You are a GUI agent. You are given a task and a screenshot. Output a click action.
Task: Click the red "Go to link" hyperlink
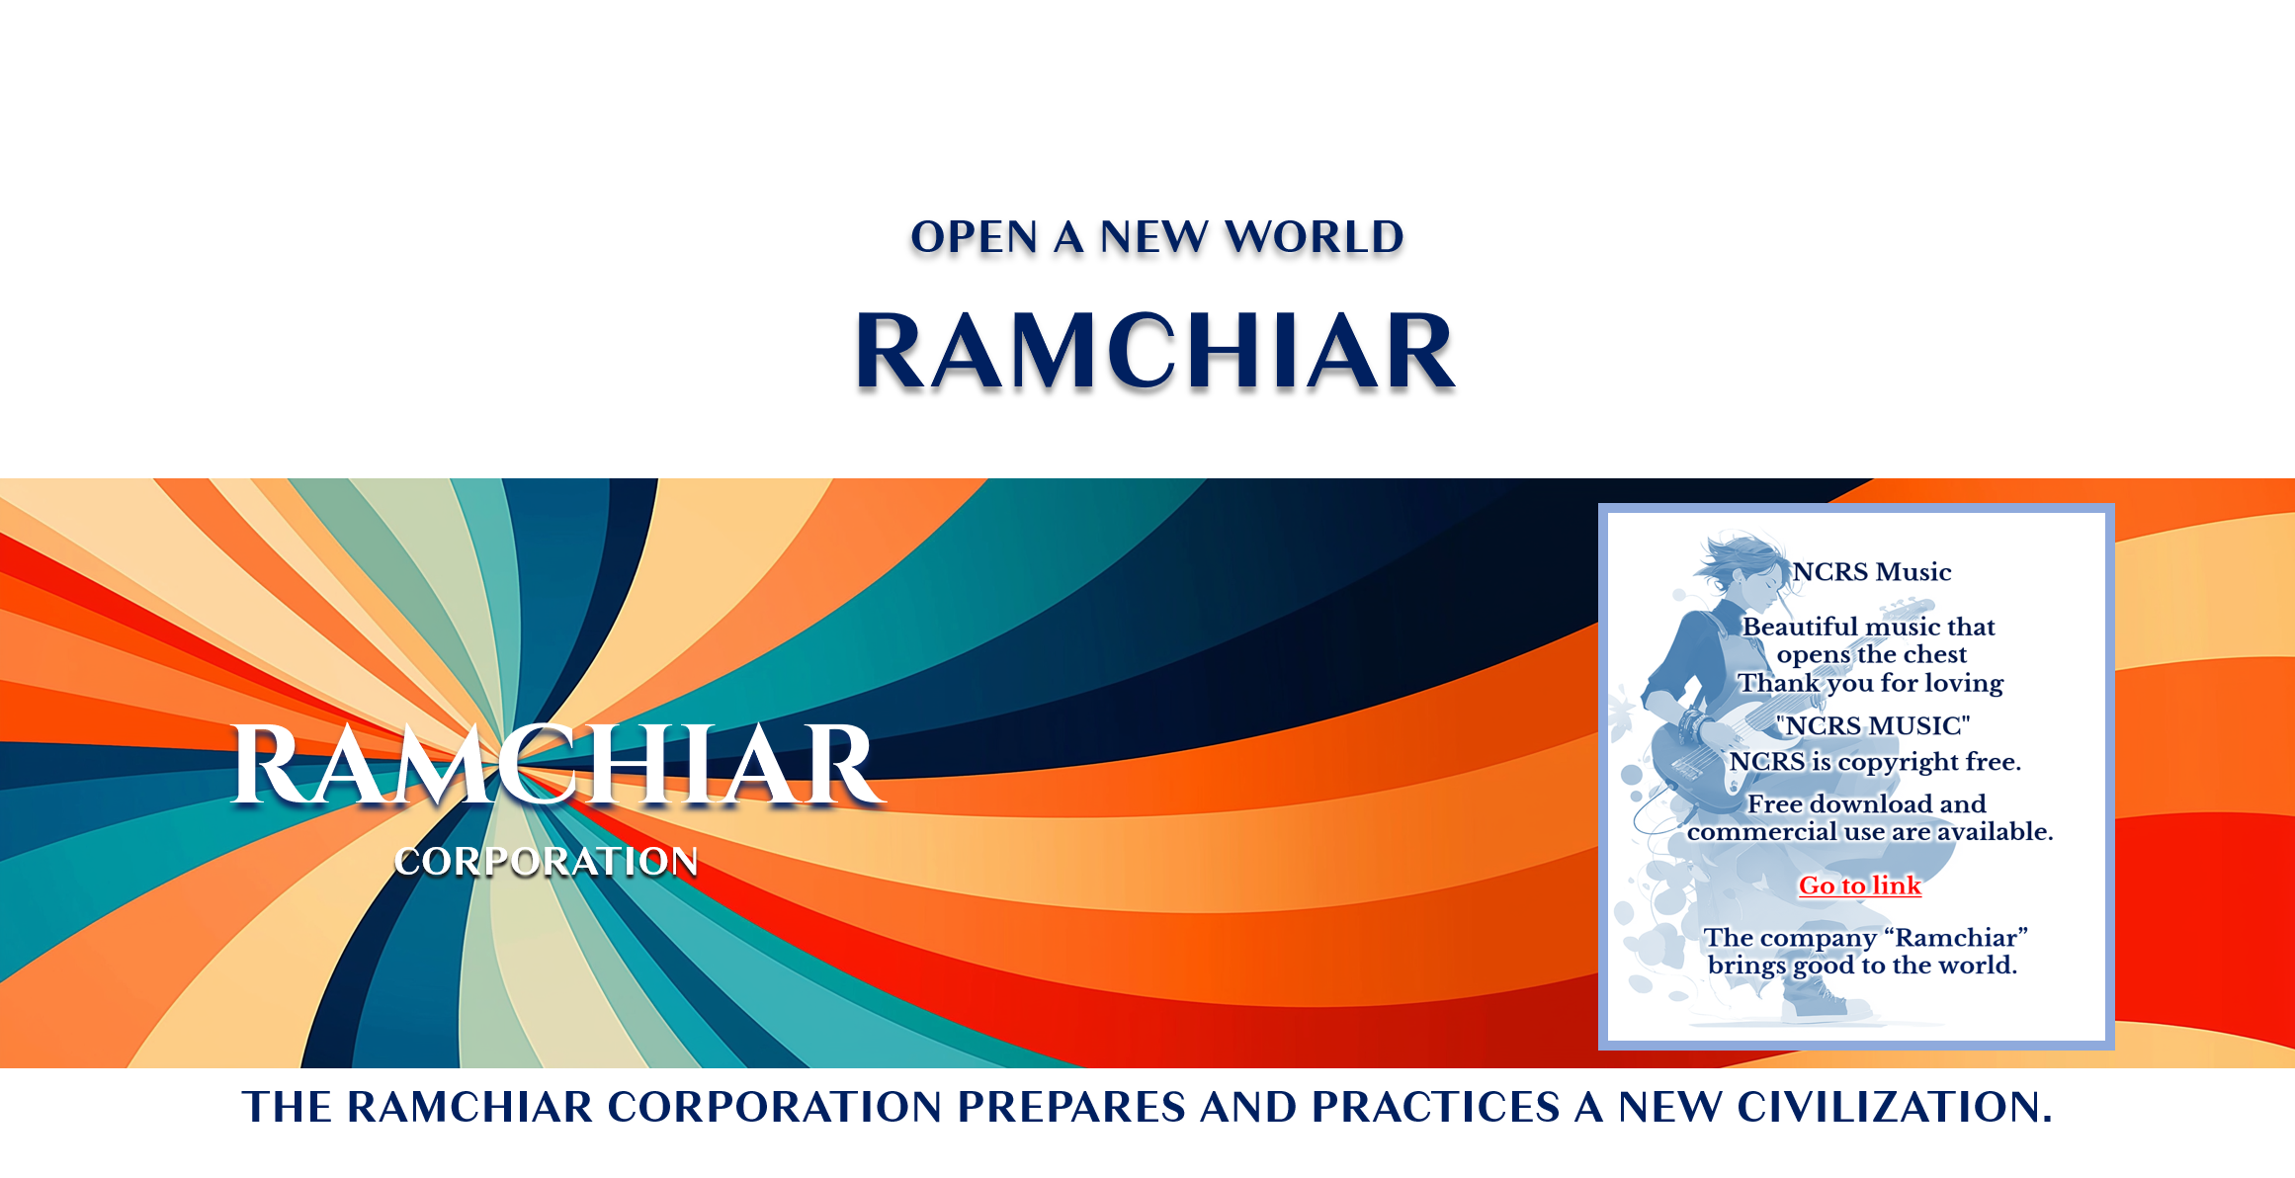pos(1859,885)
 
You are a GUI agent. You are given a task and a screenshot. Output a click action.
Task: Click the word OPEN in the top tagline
pos(975,237)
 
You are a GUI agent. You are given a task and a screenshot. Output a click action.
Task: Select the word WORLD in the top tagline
pos(1314,237)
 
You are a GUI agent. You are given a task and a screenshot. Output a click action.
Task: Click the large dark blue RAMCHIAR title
pos(1155,351)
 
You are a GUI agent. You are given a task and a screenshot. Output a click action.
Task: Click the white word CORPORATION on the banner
pos(547,862)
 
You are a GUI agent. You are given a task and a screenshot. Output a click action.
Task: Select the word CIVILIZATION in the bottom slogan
pos(1895,1107)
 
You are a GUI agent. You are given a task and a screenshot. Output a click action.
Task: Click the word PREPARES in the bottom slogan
pos(1071,1107)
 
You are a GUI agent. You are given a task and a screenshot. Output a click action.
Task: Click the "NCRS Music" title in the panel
pos(1872,572)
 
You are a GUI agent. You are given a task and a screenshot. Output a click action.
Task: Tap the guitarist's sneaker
pos(1815,1005)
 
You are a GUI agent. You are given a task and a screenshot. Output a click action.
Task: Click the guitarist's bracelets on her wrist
pos(1694,726)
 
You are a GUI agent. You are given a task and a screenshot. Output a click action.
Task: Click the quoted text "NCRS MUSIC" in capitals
pos(1872,726)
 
